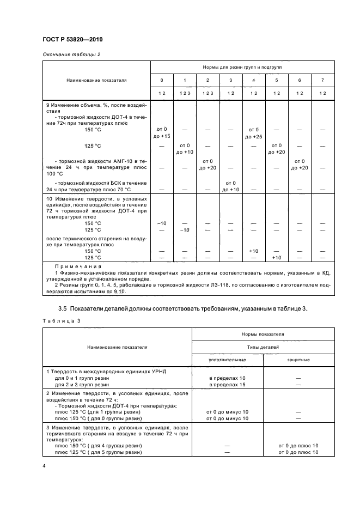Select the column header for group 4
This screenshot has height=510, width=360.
[x=253, y=80]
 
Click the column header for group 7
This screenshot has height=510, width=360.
[x=322, y=80]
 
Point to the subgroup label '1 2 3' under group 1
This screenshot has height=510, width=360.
[x=185, y=94]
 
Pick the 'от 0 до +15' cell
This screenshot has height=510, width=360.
[x=162, y=132]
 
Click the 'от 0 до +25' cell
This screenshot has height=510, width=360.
[x=253, y=132]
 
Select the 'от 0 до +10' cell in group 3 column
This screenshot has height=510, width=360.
[x=230, y=186]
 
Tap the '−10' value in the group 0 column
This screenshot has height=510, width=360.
[x=162, y=223]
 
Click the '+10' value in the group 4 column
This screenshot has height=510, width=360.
[x=253, y=251]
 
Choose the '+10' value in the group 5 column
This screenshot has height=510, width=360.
[x=277, y=257]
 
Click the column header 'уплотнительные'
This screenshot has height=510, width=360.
[x=228, y=360]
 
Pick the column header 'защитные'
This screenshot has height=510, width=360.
[x=298, y=360]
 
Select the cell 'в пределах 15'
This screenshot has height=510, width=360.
[x=228, y=385]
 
